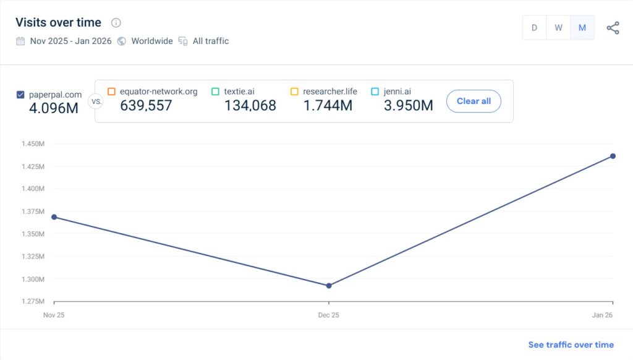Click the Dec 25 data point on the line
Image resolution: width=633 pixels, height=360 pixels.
(x=329, y=286)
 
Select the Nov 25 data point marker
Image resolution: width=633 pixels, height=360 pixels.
(x=54, y=217)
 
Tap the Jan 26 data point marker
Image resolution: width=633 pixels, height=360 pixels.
(x=613, y=156)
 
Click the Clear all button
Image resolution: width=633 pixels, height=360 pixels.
(x=474, y=101)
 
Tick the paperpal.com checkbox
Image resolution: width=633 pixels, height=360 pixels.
(x=20, y=95)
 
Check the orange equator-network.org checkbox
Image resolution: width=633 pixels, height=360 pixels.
(x=111, y=92)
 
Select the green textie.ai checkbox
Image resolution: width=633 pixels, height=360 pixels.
(x=215, y=92)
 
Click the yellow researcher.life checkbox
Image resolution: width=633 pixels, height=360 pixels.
(x=294, y=92)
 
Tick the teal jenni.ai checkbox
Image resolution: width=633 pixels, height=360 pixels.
(x=375, y=92)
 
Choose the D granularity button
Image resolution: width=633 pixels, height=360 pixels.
(x=534, y=28)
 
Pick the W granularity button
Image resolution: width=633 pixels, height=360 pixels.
(x=558, y=28)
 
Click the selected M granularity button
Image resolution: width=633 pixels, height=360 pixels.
(x=582, y=28)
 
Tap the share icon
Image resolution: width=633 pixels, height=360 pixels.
(x=613, y=28)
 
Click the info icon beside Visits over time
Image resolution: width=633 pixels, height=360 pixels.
(x=116, y=23)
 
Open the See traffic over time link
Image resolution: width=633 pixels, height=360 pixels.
(x=571, y=345)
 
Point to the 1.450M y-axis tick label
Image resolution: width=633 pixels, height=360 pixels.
(x=33, y=144)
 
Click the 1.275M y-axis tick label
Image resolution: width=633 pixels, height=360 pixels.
(x=33, y=302)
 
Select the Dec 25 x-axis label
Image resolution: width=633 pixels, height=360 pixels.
(x=329, y=315)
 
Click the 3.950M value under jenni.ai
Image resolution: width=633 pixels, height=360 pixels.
(x=408, y=106)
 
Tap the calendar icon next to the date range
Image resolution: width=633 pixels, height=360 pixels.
(x=20, y=41)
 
